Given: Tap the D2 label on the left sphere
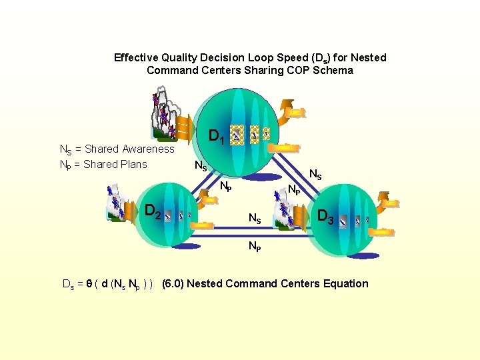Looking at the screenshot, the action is pyautogui.click(x=153, y=212).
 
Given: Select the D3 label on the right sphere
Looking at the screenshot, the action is pyautogui.click(x=326, y=216).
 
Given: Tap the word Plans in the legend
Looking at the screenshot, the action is pyautogui.click(x=132, y=164).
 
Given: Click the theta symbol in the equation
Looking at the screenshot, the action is pyautogui.click(x=89, y=284).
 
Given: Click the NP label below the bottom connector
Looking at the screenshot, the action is pyautogui.click(x=255, y=246).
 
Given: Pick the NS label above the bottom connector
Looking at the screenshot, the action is pyautogui.click(x=255, y=218).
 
